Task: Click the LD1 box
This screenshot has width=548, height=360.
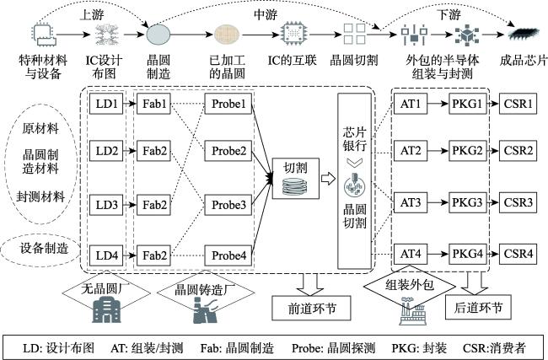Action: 106,104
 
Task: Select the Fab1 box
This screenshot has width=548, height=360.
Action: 153,104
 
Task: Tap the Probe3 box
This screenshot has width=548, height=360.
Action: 228,205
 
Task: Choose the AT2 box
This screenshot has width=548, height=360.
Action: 411,151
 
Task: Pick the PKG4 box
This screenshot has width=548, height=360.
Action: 468,254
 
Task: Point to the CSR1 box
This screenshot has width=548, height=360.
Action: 518,104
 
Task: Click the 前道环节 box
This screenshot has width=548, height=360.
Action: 311,308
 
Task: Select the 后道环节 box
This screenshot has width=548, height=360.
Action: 478,307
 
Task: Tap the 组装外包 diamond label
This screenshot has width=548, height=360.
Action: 410,286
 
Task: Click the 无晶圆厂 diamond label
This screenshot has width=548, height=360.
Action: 106,290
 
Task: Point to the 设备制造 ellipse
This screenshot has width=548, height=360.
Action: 41,249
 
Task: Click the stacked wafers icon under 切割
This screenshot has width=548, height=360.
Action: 295,186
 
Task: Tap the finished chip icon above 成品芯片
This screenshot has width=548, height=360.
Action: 524,34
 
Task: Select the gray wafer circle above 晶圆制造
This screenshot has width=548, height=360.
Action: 158,35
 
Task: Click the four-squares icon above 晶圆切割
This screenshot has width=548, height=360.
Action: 354,34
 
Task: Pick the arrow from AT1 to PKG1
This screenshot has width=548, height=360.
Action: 438,104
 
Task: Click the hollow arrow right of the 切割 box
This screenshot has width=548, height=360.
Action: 328,179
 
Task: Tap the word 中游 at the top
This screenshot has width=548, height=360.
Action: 266,14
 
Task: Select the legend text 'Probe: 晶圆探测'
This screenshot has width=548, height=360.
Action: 333,347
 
